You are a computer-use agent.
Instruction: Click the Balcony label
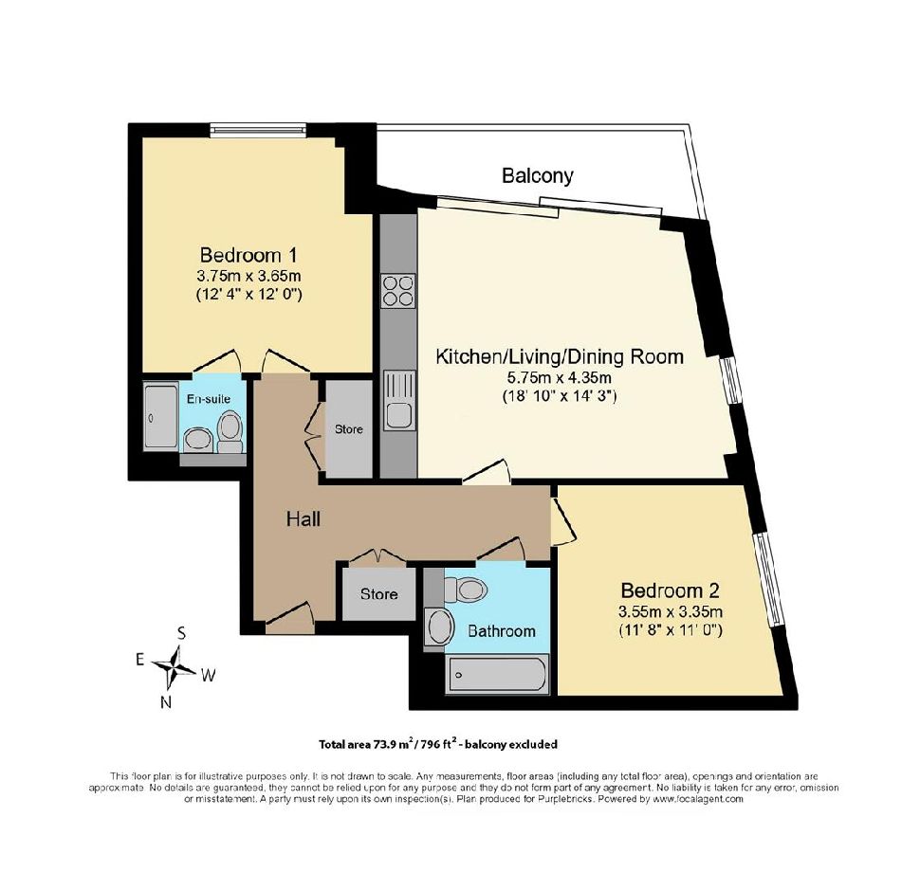537,175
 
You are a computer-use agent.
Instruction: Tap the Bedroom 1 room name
248,255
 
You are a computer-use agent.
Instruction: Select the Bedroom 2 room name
670,590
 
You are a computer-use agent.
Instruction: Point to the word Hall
304,518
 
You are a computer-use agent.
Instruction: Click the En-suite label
209,399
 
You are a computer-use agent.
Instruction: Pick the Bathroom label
502,631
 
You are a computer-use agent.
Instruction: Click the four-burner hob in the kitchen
398,291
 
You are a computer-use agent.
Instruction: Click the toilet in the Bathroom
466,589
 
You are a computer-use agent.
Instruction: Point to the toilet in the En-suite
230,431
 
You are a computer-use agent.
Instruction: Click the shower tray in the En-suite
160,416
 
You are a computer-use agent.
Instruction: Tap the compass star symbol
175,666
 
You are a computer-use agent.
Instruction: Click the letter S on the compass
182,633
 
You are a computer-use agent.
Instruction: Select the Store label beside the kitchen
348,429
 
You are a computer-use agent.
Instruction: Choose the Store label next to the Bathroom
379,594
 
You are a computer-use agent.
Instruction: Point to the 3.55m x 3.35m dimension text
670,612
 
